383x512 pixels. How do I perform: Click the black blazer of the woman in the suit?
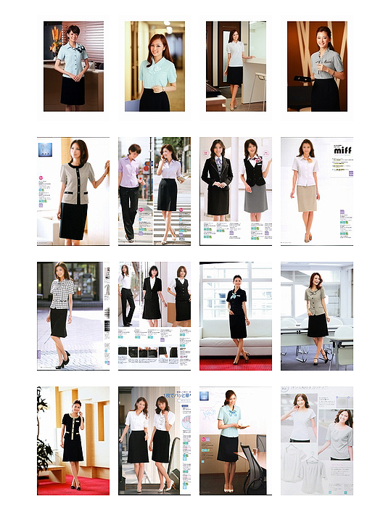point(218,174)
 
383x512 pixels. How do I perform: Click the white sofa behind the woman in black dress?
point(218,341)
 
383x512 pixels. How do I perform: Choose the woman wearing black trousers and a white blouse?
point(127,297)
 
